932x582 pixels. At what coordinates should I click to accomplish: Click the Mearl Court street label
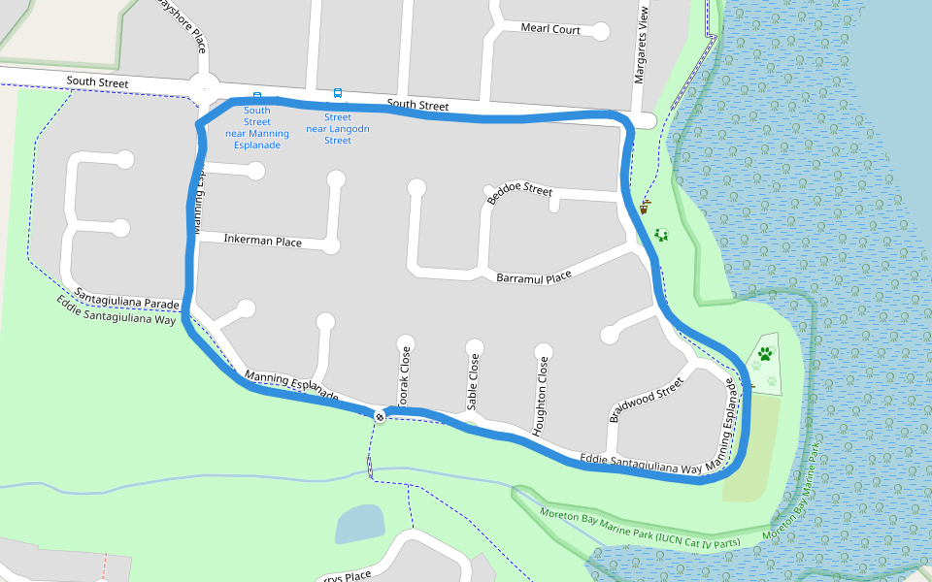(550, 29)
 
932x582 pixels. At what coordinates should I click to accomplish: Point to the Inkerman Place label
(262, 241)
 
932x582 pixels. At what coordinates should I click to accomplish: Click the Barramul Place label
(534, 277)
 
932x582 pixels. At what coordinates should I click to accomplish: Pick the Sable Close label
(474, 381)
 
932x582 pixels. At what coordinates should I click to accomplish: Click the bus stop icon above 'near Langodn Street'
(338, 94)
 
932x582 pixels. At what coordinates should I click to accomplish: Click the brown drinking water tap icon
(644, 206)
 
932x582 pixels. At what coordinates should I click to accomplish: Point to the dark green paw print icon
(766, 354)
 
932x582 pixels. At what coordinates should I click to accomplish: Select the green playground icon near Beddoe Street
(662, 235)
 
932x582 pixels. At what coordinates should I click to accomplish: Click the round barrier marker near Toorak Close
(380, 416)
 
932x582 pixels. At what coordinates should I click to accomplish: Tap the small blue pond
(358, 524)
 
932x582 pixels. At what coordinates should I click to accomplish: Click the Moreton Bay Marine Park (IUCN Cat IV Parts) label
(641, 529)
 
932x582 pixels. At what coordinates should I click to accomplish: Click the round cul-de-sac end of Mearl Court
(601, 31)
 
